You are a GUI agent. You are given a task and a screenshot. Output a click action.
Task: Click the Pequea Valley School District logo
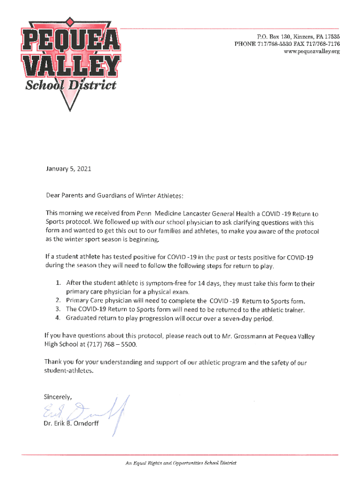click(69, 61)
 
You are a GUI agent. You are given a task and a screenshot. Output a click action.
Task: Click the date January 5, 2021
click(67, 169)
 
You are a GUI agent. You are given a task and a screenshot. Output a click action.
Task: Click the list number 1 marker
click(58, 283)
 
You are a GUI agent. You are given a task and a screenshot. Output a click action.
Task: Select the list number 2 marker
click(58, 300)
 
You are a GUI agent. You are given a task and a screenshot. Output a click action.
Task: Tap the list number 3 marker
click(58, 309)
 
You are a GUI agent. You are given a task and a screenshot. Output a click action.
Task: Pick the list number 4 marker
click(58, 319)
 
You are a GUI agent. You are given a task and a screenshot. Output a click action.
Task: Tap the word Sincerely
click(58, 397)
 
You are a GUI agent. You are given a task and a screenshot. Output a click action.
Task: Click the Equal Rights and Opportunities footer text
click(180, 463)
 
